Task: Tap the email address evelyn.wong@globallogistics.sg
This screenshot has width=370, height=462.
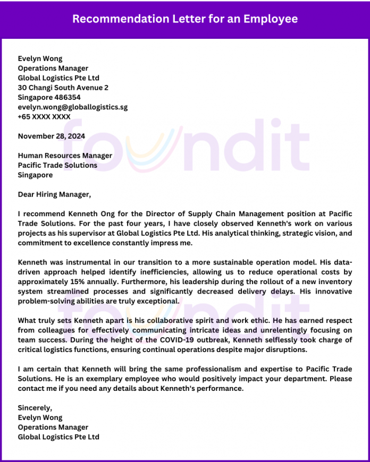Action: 73,107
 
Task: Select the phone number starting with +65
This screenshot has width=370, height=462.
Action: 44,116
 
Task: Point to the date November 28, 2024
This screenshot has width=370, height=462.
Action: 52,136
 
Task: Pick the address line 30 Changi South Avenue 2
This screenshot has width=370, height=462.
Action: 63,88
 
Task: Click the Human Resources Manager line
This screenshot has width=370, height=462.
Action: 65,156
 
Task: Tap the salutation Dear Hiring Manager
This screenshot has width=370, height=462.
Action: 54,194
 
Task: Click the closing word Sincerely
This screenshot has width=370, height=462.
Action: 35,408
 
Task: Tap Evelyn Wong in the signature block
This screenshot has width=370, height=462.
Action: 40,417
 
